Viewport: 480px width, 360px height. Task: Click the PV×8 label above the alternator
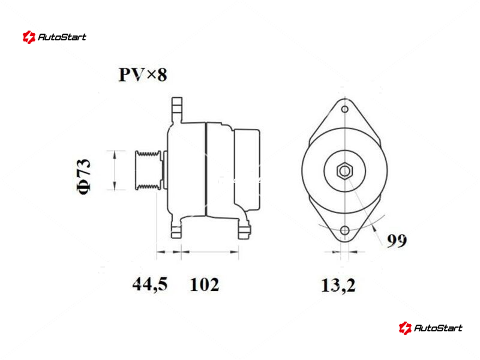tap(143, 74)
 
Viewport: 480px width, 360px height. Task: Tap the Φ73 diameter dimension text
tap(83, 176)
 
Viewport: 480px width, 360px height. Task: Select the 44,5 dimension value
tap(150, 284)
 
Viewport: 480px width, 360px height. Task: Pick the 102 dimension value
tap(205, 284)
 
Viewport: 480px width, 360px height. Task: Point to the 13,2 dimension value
tap(338, 286)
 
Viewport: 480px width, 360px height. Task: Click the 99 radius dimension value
tap(397, 241)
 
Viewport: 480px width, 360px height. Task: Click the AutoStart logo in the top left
tap(54, 37)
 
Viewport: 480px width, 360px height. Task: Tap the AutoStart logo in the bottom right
tap(430, 328)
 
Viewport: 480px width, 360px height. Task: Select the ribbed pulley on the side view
tap(148, 170)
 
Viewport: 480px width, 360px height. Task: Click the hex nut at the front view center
tap(344, 171)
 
